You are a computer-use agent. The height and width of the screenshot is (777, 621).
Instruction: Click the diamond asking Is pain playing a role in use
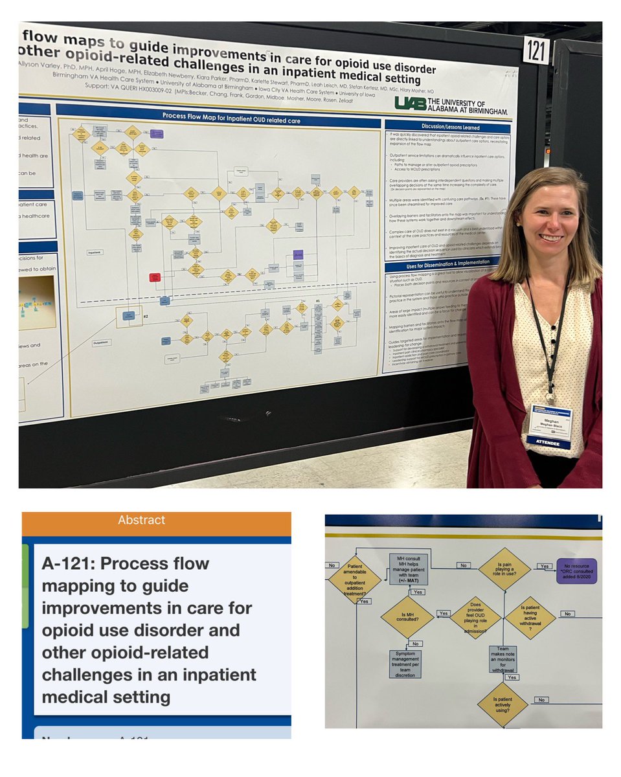[x=504, y=569]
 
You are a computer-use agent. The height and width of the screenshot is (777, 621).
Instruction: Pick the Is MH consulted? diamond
[x=407, y=616]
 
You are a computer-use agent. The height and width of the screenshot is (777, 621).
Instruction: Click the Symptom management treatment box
[x=405, y=664]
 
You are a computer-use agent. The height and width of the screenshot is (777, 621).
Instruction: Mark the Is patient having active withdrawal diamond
[x=530, y=616]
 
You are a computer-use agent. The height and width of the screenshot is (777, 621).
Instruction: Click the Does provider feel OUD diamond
[x=475, y=617]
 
